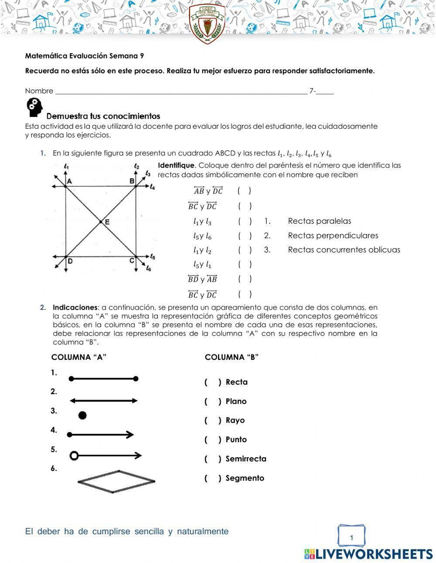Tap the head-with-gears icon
[x=35, y=107]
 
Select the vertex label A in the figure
[x=69, y=181]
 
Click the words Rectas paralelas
[x=319, y=221]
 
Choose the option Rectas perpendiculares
[x=333, y=235]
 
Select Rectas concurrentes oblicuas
[x=344, y=250]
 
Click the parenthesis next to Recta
[x=213, y=382]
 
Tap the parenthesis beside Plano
[x=213, y=402]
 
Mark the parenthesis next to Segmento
[x=213, y=478]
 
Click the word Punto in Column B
[x=236, y=440]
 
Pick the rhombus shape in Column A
[x=116, y=481]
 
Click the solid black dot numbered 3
[x=82, y=415]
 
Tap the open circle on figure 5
[x=74, y=456]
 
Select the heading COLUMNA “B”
[x=232, y=357]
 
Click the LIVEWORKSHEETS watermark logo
[x=368, y=554]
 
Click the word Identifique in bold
[x=177, y=165]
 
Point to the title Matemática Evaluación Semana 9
[x=85, y=56]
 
